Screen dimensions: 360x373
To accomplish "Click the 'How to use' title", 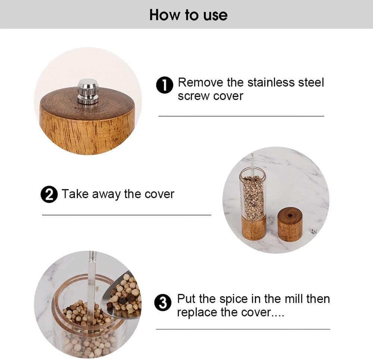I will [x=188, y=15].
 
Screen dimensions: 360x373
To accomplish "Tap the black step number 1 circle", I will [x=164, y=85].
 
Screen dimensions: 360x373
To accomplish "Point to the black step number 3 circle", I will [x=163, y=303].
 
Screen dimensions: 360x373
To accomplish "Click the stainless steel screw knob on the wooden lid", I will [x=88, y=91].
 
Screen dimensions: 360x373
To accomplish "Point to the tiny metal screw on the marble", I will [x=314, y=232].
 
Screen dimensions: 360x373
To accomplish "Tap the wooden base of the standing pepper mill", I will [x=254, y=227].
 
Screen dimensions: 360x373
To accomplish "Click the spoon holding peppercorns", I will [x=123, y=295].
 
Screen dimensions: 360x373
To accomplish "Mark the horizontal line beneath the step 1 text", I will [x=241, y=116].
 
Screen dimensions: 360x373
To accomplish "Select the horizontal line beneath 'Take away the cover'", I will [x=126, y=215].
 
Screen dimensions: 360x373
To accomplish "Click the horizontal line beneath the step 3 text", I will [x=243, y=329].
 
